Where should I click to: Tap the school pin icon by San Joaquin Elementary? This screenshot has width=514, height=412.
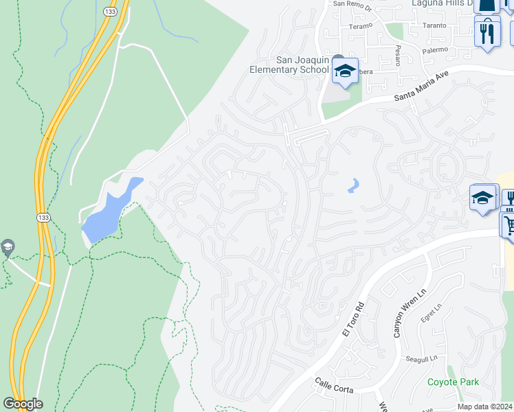(344, 70)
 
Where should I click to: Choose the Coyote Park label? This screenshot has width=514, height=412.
(453, 382)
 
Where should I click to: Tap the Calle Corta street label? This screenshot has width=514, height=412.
(333, 385)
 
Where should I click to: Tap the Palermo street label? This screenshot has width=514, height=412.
(434, 49)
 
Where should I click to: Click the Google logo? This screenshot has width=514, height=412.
(23, 404)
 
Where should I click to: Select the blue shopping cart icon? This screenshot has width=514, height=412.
(509, 224)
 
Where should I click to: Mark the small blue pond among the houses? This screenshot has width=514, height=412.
(353, 185)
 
